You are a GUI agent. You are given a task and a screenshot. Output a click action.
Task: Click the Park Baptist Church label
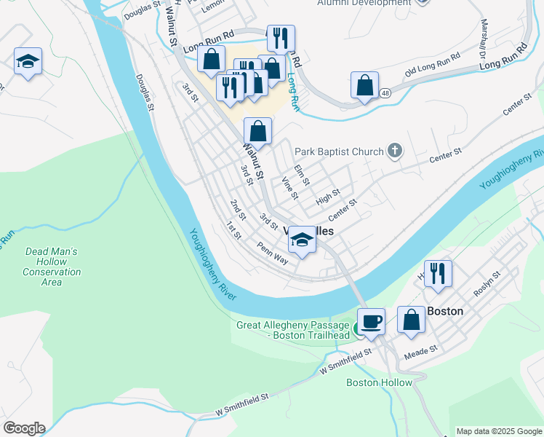(338, 151)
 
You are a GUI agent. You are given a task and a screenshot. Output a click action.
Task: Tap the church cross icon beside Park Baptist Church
(395, 151)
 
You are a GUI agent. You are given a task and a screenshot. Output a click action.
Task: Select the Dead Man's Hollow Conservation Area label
(52, 267)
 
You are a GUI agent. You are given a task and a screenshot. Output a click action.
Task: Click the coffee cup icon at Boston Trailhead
(371, 321)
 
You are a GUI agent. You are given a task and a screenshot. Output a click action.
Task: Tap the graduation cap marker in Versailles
(302, 240)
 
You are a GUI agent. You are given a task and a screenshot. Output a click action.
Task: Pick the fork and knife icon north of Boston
(437, 273)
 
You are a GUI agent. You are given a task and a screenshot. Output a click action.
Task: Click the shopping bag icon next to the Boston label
(411, 319)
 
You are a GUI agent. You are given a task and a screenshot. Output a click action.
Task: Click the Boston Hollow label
(379, 382)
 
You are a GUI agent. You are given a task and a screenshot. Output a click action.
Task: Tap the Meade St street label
(422, 350)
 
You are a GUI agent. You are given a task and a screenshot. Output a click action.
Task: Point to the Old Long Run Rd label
(433, 66)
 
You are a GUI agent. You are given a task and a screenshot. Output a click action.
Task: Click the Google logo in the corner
(24, 428)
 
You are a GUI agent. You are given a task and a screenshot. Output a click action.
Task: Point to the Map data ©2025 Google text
(499, 431)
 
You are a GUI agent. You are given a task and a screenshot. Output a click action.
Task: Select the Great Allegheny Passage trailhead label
(293, 330)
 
